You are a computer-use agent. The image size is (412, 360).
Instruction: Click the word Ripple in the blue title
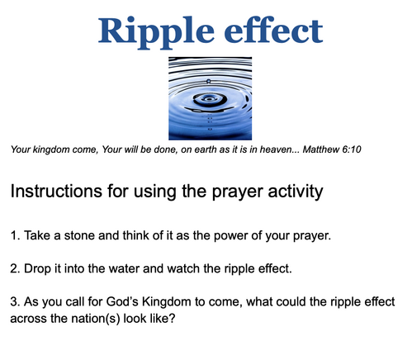(x=156, y=32)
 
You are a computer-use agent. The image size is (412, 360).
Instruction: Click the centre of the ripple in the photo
(x=209, y=98)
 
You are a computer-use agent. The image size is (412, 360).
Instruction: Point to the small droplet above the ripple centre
(x=208, y=81)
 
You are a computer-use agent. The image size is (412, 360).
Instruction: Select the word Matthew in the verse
(x=320, y=149)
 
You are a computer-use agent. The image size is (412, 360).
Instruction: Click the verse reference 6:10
(x=351, y=149)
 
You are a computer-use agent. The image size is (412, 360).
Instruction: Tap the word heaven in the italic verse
(x=276, y=149)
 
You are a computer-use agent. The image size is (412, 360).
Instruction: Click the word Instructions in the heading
(x=56, y=191)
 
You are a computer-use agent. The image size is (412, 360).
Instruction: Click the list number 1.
(x=13, y=235)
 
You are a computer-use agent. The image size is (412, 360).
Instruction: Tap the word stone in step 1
(x=79, y=235)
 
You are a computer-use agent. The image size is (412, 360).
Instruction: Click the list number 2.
(x=14, y=268)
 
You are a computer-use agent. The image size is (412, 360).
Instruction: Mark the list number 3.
(x=14, y=302)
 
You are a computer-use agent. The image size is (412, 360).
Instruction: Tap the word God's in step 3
(x=122, y=302)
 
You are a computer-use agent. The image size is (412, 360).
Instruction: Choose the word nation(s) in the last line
(x=96, y=319)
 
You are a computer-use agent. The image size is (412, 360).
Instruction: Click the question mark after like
(x=172, y=318)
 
